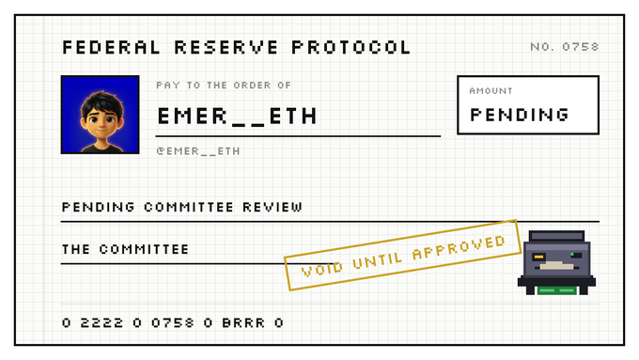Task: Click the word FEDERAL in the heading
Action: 111,47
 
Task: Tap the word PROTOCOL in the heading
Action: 351,47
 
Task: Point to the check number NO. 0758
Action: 565,47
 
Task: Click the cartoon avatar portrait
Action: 101,115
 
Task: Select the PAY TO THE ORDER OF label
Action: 224,86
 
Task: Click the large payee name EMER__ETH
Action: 237,117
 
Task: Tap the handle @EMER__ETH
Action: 198,151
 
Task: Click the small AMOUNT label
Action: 491,91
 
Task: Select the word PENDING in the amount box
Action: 520,115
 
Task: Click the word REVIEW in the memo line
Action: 273,207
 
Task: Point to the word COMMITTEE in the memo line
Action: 189,207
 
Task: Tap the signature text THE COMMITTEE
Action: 126,249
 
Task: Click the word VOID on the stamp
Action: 322,268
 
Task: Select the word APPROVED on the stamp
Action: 459,247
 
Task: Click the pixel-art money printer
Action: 556,262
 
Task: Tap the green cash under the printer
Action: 556,290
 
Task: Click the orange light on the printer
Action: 538,257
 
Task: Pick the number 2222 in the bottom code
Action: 101,323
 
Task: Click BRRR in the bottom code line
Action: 243,323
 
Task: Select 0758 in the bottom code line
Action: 172,323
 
